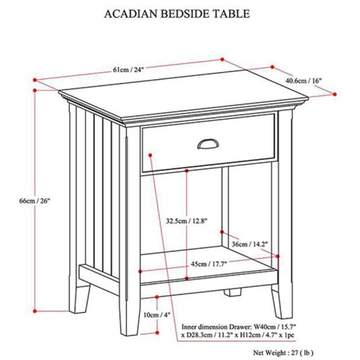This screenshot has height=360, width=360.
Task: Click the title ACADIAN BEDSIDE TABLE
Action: click(x=179, y=14)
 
